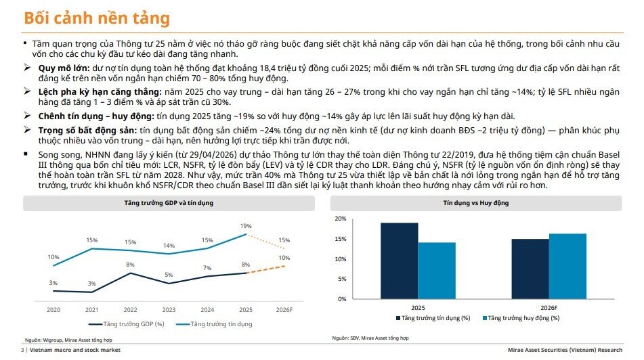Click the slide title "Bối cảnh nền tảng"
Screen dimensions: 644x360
97,18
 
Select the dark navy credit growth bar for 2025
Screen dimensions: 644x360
400,261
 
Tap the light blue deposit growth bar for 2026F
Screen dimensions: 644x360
567,266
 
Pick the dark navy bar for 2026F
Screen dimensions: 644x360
530,269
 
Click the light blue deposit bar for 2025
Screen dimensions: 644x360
437,271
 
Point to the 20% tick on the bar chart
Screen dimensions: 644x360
341,219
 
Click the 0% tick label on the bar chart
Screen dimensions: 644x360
342,299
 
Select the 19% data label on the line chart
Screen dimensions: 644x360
246,226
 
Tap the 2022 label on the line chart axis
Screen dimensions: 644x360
130,310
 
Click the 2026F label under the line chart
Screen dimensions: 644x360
284,310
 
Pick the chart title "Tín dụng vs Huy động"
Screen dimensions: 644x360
476,203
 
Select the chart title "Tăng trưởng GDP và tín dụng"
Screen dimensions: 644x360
169,203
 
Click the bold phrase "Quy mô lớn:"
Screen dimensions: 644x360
64,68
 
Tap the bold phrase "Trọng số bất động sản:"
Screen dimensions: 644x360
87,131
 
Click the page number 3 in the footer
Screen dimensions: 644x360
22,350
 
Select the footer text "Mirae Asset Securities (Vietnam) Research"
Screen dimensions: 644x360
565,350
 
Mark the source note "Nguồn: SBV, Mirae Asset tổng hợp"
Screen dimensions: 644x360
370,338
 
